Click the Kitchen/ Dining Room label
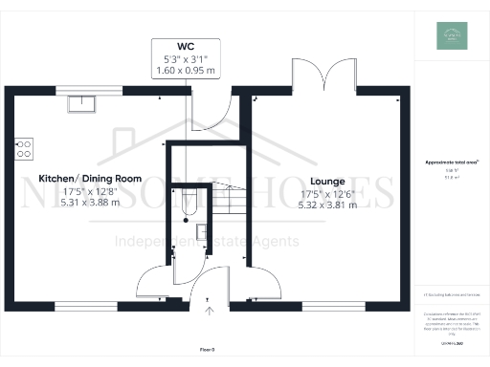coord(90,179)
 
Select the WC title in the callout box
coord(186,46)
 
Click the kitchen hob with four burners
coord(24,149)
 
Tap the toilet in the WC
coord(188,200)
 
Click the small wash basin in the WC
coord(200,231)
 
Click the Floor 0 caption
coord(208,350)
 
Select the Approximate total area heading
coord(451,163)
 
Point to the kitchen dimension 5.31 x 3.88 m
coord(90,203)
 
